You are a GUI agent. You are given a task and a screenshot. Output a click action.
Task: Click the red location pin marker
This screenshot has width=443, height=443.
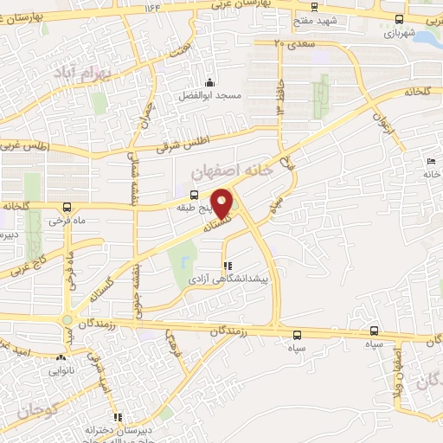pos(223,202)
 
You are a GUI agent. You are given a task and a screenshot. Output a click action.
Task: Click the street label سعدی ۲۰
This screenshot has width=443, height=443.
pos(291,42)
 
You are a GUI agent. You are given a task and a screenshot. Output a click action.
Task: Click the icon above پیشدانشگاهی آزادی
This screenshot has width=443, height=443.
pos(228,266)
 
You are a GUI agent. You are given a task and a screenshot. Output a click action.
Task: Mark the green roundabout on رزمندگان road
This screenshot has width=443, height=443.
pos(67,321)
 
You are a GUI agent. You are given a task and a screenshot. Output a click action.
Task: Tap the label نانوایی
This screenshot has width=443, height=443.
pos(63,369)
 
